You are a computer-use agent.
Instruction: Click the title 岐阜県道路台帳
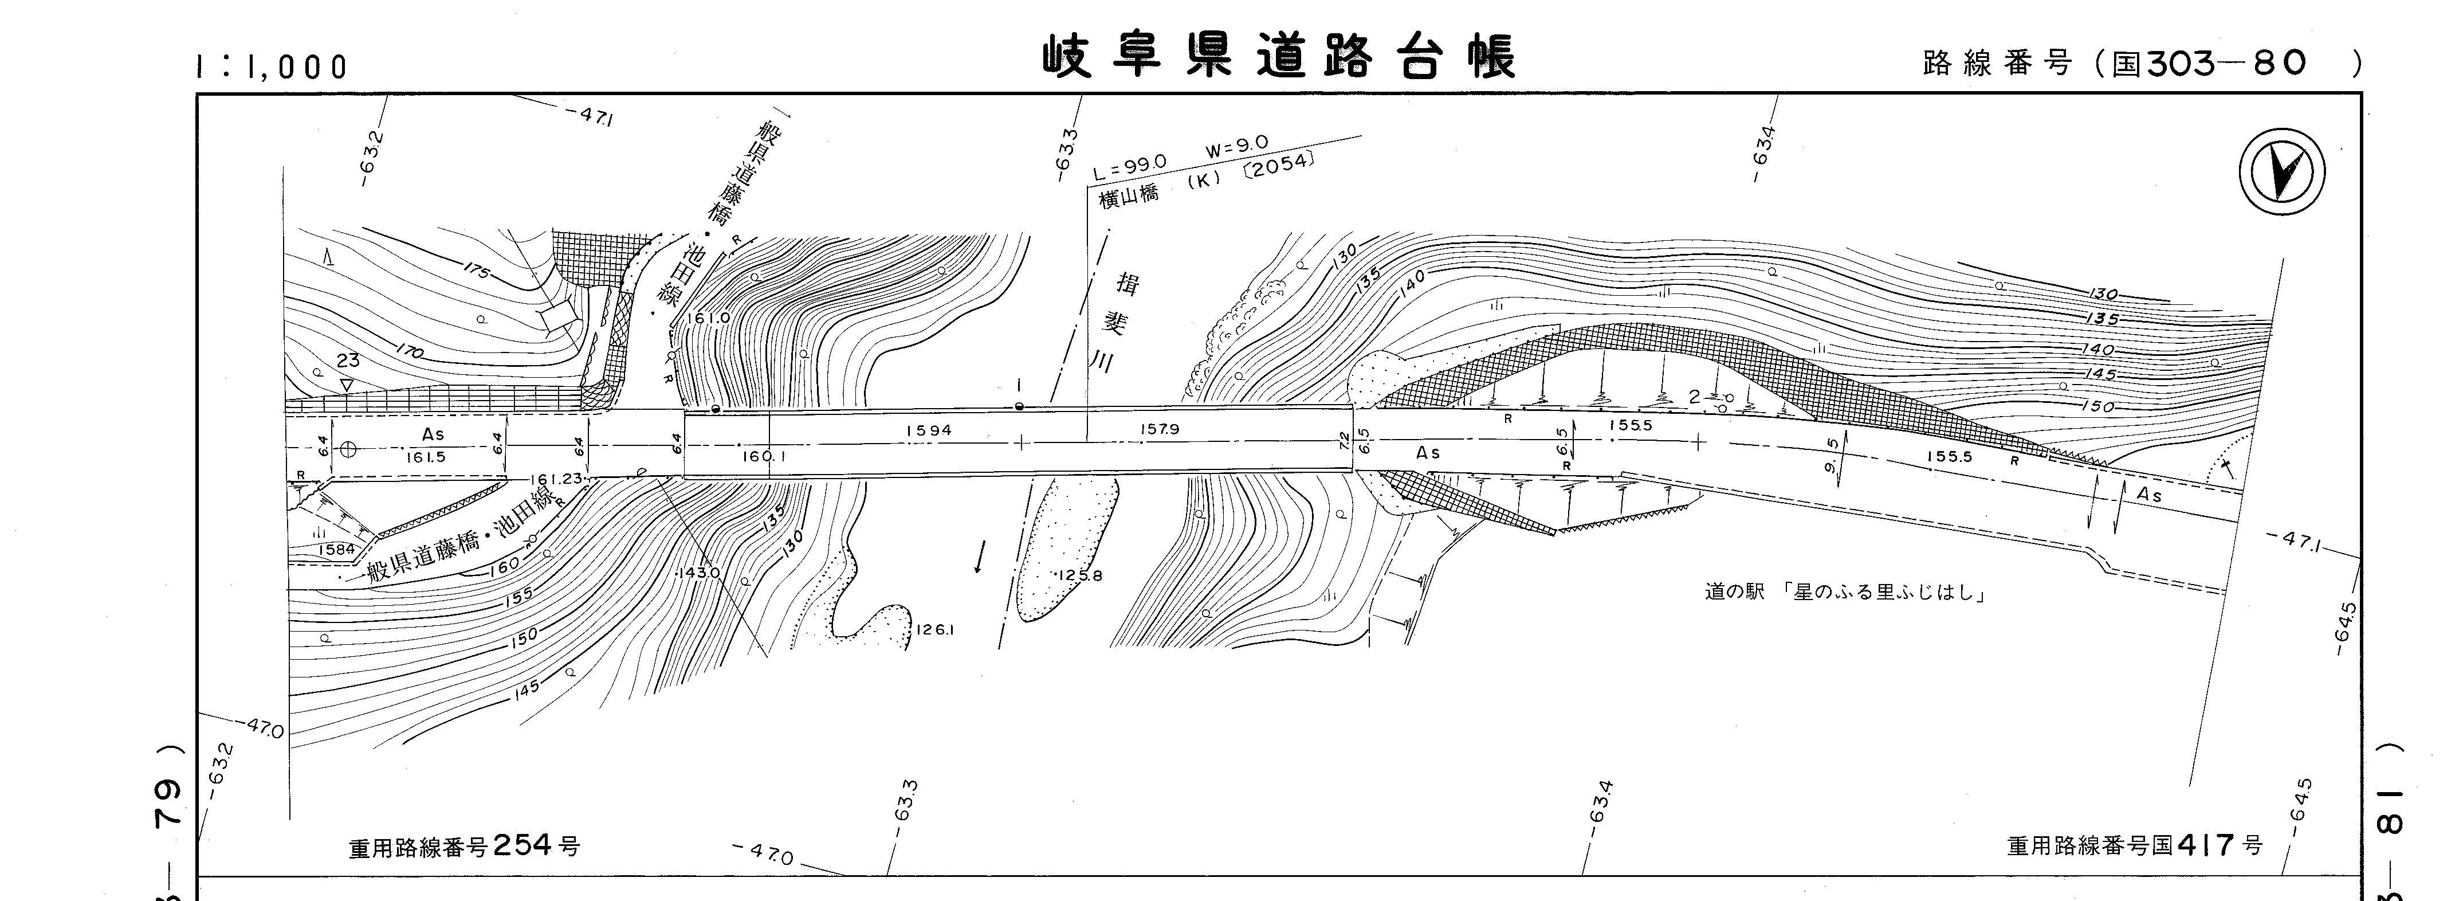point(1278,57)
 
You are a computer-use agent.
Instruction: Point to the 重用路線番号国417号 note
point(2134,845)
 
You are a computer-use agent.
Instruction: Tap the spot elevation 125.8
point(1081,576)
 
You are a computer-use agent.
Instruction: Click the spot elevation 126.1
point(935,630)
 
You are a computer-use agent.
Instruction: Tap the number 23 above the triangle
point(347,361)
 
